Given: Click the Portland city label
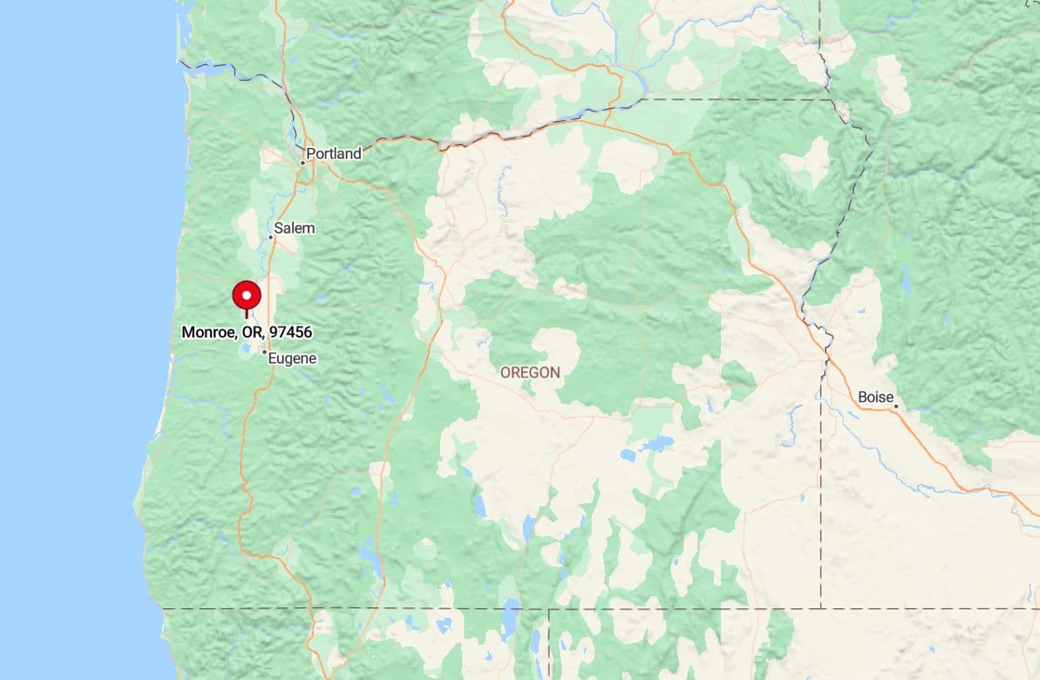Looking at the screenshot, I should coord(334,153).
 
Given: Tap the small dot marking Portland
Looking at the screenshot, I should coord(302,163).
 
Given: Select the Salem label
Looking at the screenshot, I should coord(295,228).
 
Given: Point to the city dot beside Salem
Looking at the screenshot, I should coord(271,237).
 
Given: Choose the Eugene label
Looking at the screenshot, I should coord(293,358).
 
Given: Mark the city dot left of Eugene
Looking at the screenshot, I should coord(265,353).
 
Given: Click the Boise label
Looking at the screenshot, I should coord(874,397).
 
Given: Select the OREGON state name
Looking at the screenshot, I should coord(530,373).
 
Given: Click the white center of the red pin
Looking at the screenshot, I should coord(247,296).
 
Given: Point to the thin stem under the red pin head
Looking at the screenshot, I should coord(247,314).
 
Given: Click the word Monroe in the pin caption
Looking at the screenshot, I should coord(209,332).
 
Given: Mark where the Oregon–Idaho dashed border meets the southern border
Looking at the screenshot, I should coord(821,608).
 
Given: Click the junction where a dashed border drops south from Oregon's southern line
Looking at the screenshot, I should coord(549,609).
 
